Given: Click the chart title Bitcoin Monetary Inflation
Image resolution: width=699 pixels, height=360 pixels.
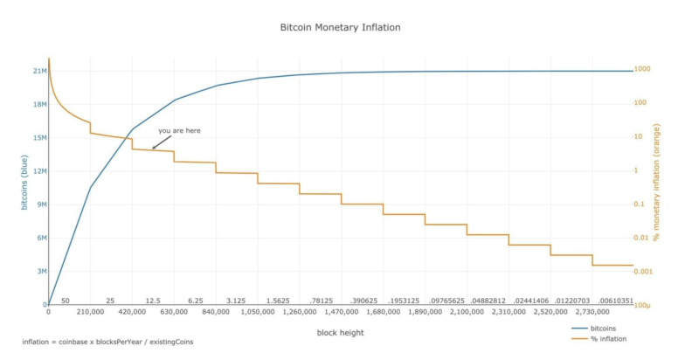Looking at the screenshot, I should [340, 27].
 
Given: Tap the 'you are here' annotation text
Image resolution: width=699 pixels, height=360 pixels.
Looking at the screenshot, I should [179, 130].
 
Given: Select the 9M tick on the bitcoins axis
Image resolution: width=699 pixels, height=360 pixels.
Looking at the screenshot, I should [40, 204].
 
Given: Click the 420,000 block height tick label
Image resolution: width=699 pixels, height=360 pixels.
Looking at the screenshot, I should [132, 311].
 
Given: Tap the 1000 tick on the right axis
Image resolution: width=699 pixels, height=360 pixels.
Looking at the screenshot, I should [642, 69].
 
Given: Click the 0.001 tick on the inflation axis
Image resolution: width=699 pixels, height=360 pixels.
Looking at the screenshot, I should [645, 272].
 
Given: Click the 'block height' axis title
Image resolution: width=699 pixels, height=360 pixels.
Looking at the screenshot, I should [340, 332].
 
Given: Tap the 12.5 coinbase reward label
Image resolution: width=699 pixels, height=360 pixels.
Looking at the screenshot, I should [153, 301].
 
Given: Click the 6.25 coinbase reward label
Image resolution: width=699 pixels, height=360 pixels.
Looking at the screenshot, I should [195, 301].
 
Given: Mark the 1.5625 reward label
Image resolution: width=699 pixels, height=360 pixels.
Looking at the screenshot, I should [279, 301].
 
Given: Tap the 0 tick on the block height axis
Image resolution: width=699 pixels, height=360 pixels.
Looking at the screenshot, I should [49, 311].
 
